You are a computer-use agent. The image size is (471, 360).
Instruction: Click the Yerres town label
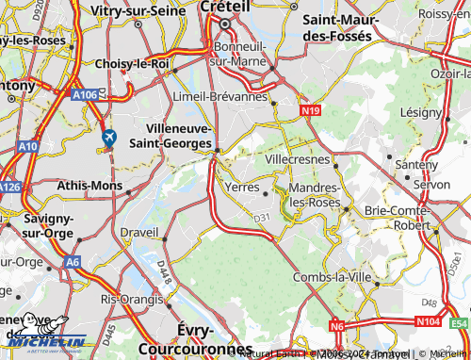point(245,187)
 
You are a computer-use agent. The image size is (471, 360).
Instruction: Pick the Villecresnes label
point(299,160)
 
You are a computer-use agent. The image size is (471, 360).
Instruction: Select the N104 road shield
point(419,322)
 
